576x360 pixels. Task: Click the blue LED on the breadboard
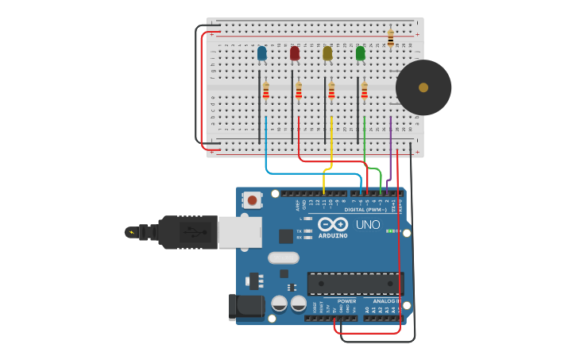261,53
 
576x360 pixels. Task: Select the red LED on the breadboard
295,53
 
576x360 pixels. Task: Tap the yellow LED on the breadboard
327,53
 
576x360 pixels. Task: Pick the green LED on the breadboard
361,53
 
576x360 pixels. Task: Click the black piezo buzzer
423,87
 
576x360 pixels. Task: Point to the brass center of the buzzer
423,87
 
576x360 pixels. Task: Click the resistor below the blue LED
266,91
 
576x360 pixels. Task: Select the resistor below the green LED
365,91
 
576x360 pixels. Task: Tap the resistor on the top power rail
390,37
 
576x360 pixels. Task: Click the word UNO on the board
368,225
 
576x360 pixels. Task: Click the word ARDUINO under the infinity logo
333,235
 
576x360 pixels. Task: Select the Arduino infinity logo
333,224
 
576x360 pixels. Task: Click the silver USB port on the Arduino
239,232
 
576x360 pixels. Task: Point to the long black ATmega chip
355,283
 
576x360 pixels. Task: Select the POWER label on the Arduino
346,301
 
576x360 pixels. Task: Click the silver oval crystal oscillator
283,257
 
